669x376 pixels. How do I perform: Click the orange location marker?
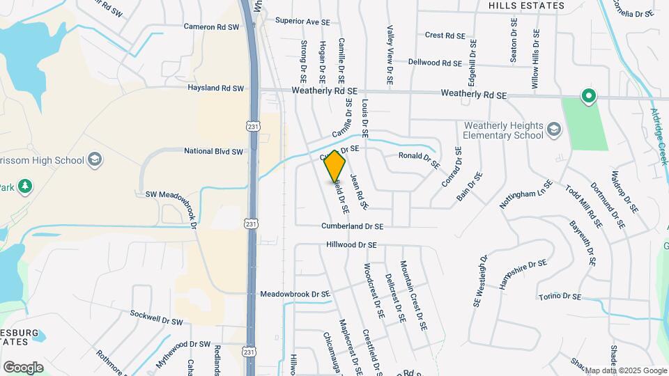click(x=335, y=166)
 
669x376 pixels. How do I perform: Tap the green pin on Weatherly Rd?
click(x=588, y=97)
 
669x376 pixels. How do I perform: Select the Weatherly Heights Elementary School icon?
click(x=553, y=130)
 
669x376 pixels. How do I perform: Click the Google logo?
click(x=23, y=367)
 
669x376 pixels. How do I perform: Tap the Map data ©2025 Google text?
click(x=625, y=370)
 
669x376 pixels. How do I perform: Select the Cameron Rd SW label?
click(x=211, y=26)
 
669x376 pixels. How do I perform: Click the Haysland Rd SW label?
click(x=215, y=88)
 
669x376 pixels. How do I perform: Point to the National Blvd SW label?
click(x=213, y=151)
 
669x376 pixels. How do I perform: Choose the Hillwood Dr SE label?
click(x=351, y=245)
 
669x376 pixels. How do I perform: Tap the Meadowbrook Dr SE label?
click(x=295, y=295)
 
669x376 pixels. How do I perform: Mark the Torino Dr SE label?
click(x=560, y=297)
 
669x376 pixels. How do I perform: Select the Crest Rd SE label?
click(x=444, y=35)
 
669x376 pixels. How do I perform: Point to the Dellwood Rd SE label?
click(x=435, y=63)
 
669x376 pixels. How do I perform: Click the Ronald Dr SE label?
click(x=419, y=160)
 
